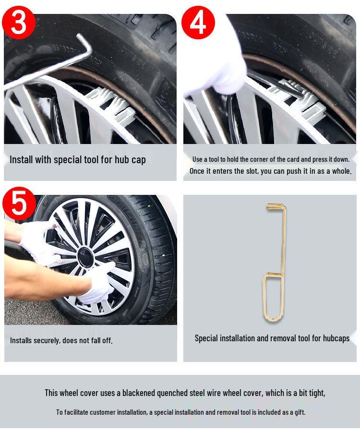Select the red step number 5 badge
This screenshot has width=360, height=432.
[19, 203]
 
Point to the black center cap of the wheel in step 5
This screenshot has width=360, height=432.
[85, 258]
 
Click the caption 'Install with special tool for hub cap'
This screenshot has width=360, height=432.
[78, 160]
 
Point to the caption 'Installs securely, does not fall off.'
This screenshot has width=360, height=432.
[61, 340]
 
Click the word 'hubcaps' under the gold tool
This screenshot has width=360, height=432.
[335, 338]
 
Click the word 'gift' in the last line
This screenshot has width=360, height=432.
[300, 412]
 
